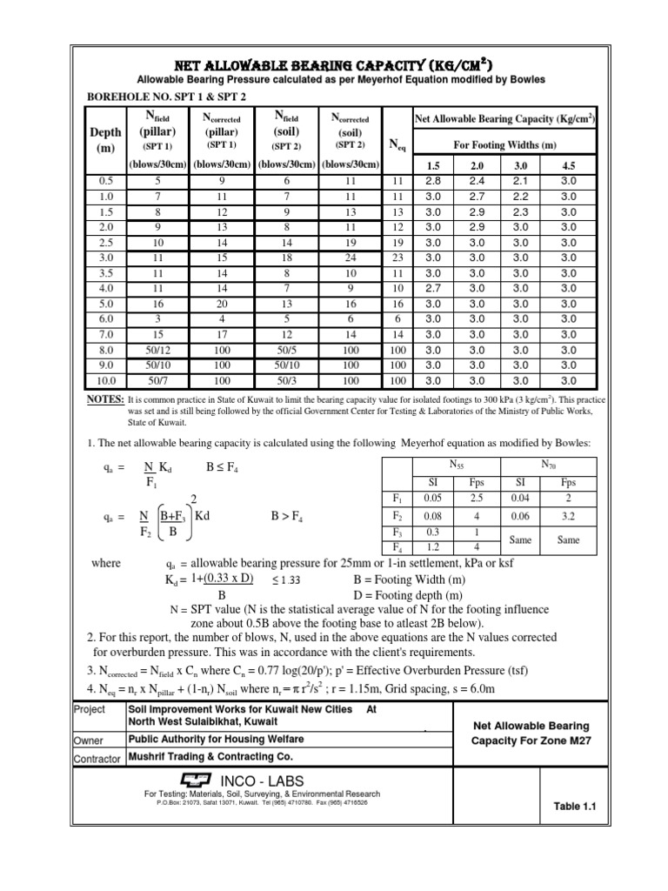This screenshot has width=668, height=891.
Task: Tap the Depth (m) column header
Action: (105, 139)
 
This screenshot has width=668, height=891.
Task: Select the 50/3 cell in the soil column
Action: (287, 380)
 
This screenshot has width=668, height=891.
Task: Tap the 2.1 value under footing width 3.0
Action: (522, 181)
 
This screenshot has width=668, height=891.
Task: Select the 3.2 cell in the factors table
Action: (568, 515)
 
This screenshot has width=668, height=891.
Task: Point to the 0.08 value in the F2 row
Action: (432, 515)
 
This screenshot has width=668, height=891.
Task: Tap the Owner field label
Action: (89, 740)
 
